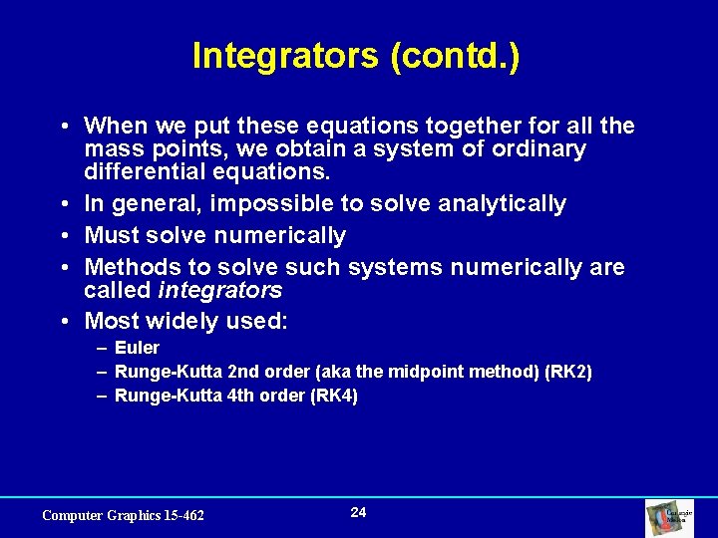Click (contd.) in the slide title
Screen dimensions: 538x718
[456, 56]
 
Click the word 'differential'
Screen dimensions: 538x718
[144, 171]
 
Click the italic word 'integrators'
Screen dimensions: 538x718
[220, 291]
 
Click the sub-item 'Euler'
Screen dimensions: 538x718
[137, 348]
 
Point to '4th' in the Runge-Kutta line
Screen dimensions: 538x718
[243, 396]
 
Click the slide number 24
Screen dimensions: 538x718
[359, 512]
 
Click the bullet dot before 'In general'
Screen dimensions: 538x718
[63, 205]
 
